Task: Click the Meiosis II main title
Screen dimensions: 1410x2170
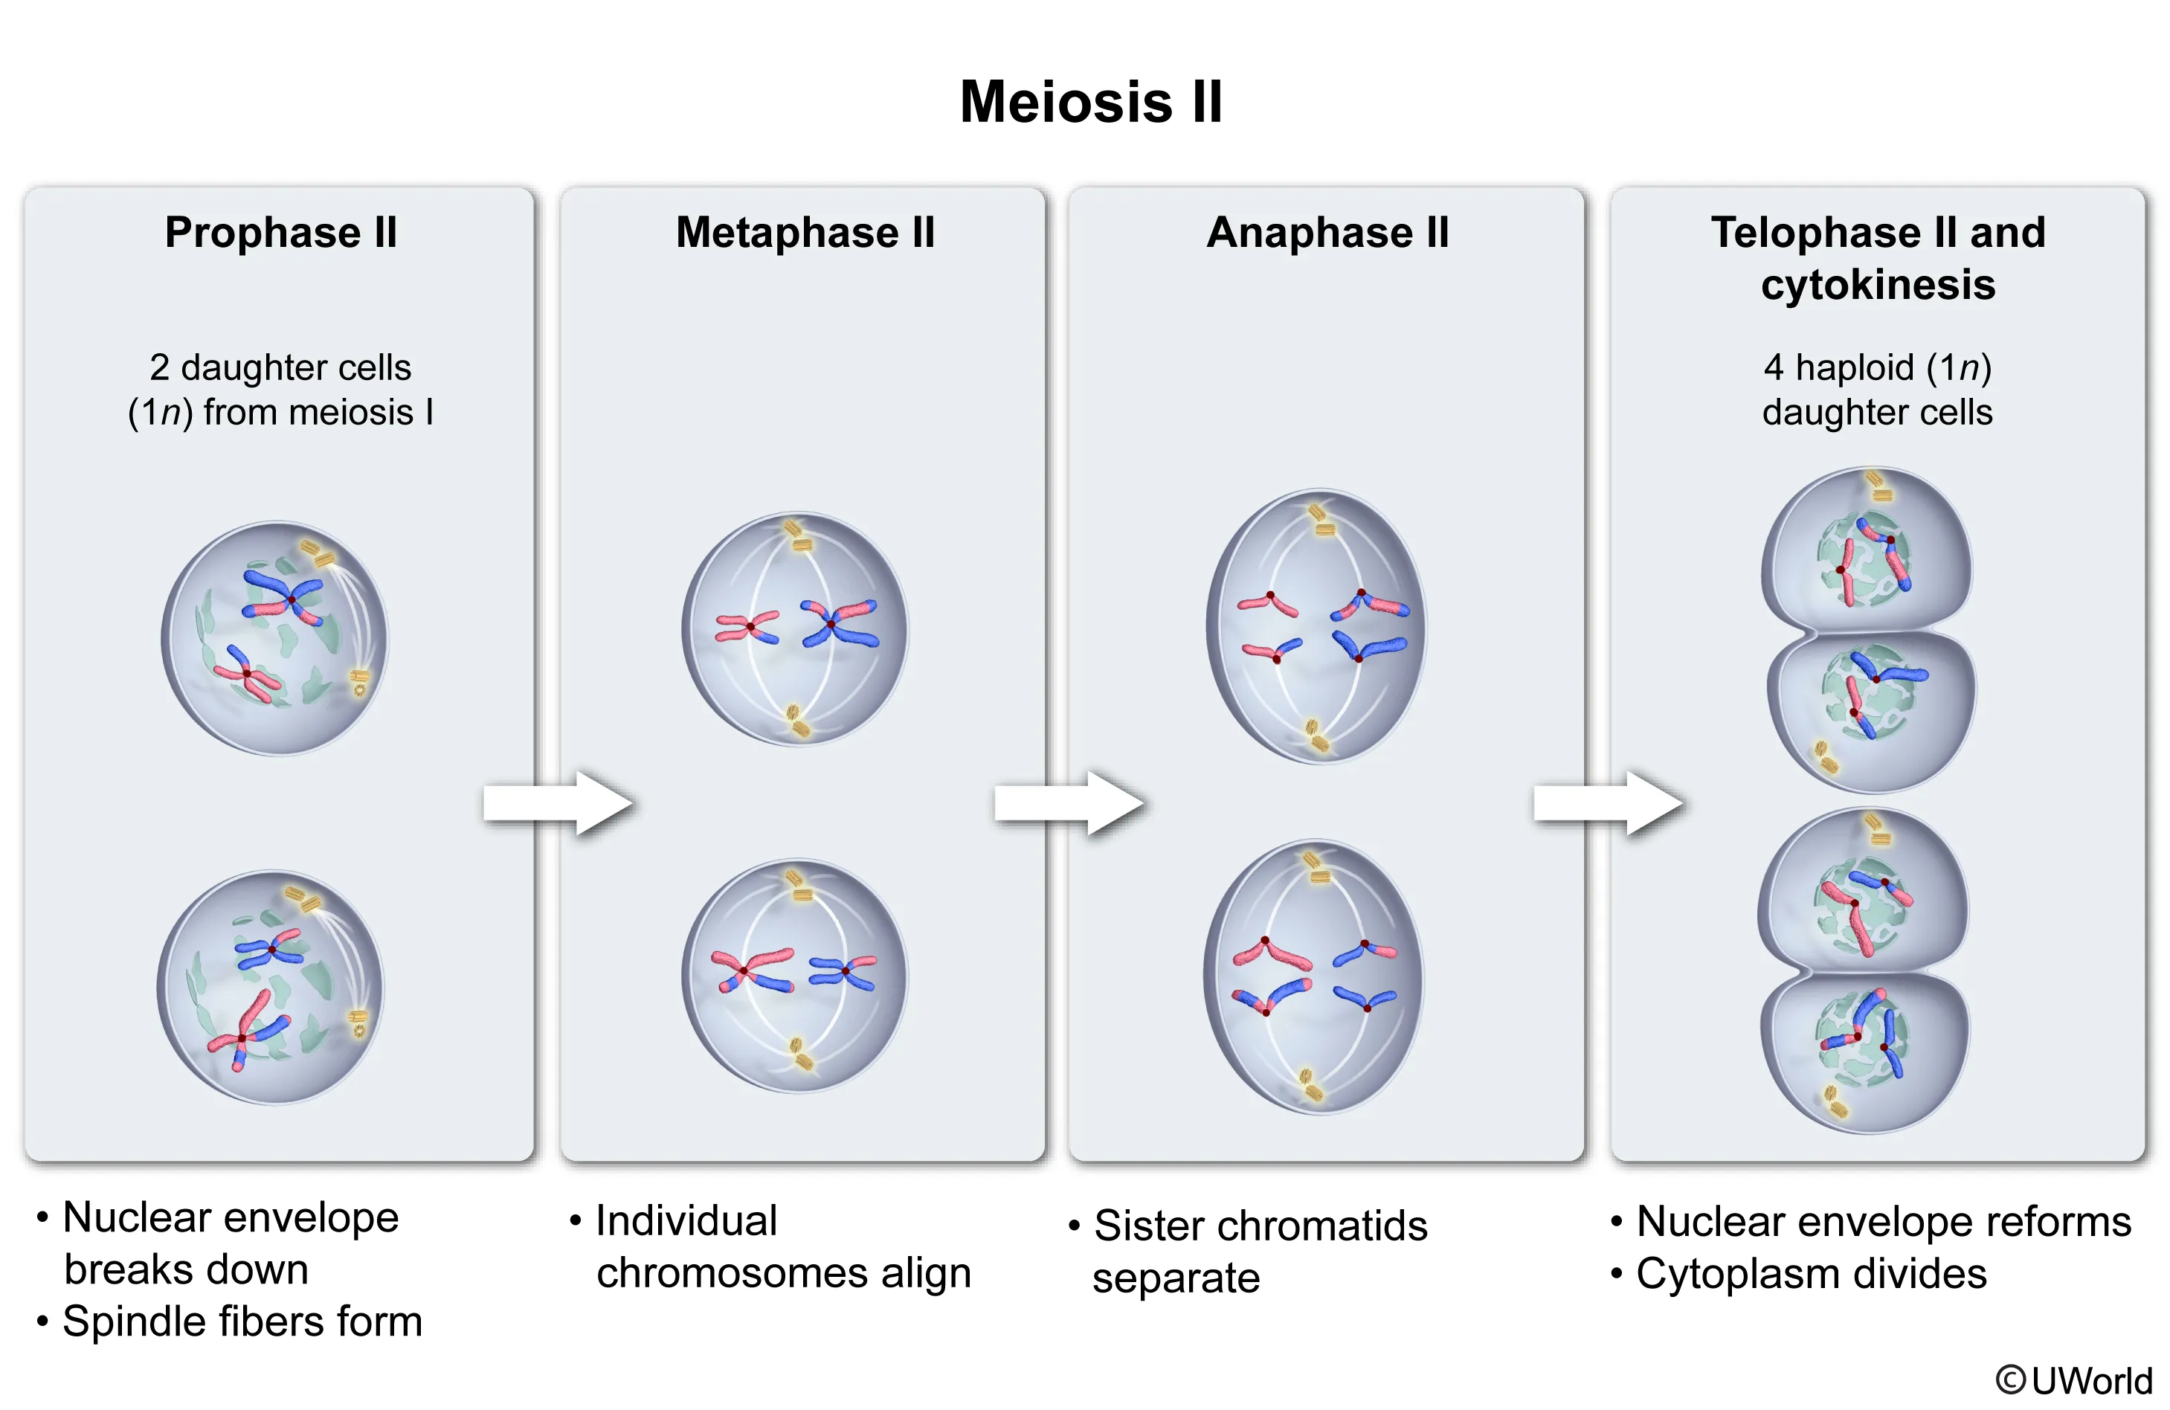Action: point(1090,101)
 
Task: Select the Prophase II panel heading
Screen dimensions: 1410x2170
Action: point(281,233)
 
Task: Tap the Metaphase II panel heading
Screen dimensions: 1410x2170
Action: point(805,233)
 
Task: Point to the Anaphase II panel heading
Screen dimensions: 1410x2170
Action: point(1327,233)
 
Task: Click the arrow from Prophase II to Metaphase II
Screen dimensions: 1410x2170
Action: point(558,802)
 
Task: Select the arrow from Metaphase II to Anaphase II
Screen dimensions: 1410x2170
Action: point(1069,802)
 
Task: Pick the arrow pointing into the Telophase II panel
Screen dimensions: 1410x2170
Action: point(1609,802)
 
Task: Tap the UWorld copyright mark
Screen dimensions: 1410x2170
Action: point(2073,1380)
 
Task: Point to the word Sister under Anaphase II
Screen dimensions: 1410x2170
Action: point(1149,1226)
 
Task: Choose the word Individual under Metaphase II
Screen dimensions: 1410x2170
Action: point(686,1220)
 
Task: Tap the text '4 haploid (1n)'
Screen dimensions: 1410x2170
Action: point(1877,367)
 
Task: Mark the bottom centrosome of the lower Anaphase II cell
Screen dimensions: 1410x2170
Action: point(1310,1085)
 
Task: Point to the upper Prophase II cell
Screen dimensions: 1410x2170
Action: point(274,637)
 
